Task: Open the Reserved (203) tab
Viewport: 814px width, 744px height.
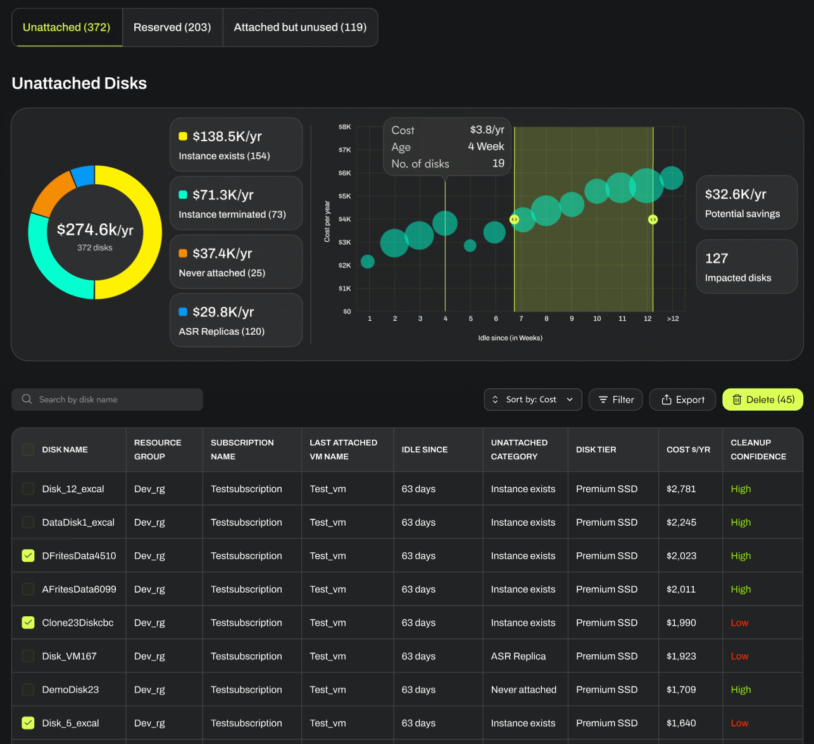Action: [172, 27]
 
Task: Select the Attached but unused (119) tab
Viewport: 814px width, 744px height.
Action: [300, 27]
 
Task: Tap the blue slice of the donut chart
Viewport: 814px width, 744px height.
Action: [83, 177]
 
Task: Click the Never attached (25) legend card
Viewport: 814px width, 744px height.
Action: [235, 262]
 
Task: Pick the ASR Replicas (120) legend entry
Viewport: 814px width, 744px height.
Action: [235, 320]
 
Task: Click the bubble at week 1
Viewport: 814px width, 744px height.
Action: [368, 261]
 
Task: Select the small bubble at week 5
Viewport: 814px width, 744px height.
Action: [470, 245]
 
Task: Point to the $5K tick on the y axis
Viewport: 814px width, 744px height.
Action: [344, 196]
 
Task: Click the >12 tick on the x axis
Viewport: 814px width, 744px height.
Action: [672, 319]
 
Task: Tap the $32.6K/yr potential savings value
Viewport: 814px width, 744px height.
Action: [736, 194]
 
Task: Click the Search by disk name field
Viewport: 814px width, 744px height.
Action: [108, 399]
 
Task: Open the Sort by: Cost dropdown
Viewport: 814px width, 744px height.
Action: [532, 399]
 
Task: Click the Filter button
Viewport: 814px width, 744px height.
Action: [615, 399]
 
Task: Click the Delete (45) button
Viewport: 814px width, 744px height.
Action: [763, 399]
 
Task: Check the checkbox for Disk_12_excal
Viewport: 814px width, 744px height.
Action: [28, 488]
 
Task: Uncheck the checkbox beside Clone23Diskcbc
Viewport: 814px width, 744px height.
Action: [28, 623]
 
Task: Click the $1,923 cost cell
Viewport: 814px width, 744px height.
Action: [681, 656]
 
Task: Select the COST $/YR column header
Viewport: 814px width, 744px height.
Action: [688, 450]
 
